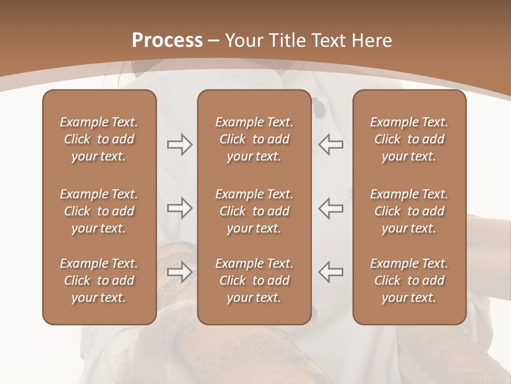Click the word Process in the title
167,41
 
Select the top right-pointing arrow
179,145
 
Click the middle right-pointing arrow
179,208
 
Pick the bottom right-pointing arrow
179,272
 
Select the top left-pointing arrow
331,145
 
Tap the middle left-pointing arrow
331,208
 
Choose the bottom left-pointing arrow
331,272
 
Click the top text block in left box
99,139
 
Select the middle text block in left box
99,211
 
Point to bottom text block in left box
99,281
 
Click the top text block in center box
254,139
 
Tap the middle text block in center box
254,211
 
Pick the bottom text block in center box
254,281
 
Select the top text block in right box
409,139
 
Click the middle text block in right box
409,211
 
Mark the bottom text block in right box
409,281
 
